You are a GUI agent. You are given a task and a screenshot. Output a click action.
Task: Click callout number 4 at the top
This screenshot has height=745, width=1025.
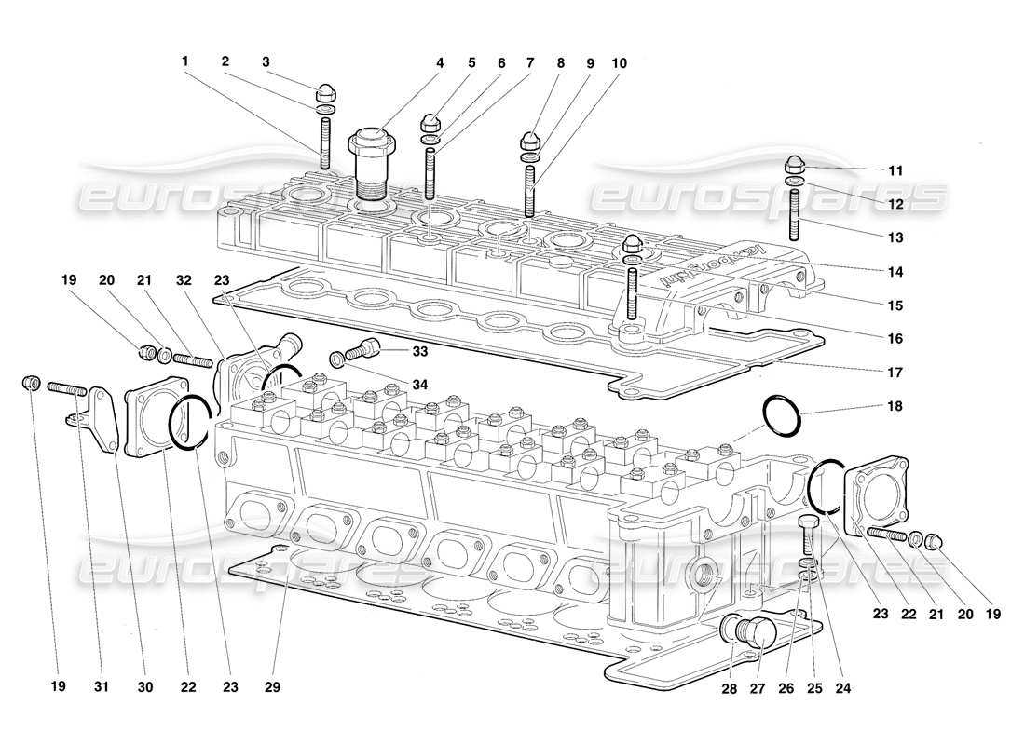[x=439, y=63]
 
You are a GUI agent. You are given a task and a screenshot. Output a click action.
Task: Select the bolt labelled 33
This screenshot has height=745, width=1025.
[x=360, y=351]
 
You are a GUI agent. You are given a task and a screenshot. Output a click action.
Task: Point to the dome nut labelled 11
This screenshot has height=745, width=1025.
[x=795, y=163]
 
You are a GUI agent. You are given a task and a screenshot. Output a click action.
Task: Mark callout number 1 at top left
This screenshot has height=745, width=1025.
[x=185, y=63]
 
